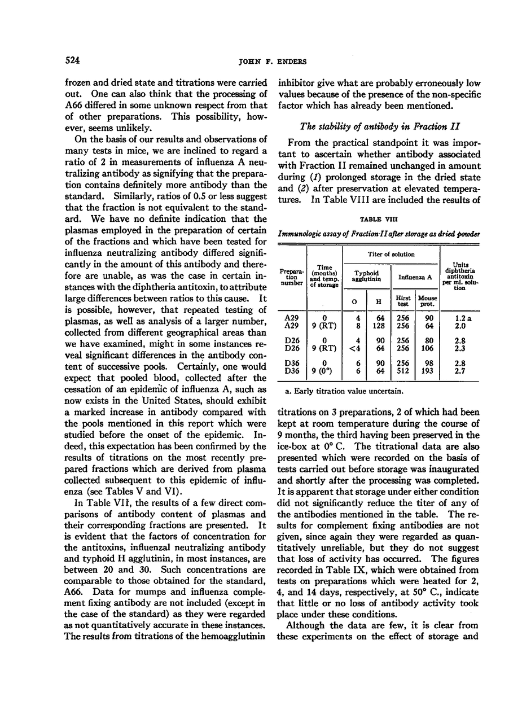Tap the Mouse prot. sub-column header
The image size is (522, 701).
click(427, 300)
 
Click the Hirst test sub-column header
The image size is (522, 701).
click(403, 300)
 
